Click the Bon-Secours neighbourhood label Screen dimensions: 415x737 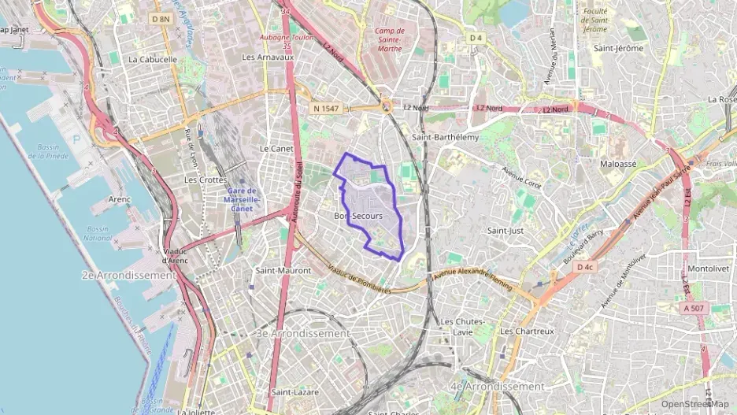(x=358, y=215)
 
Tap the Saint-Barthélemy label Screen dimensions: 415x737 (x=445, y=136)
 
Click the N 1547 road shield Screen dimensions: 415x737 (x=327, y=108)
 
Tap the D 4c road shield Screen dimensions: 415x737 (x=584, y=268)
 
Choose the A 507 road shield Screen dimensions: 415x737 (x=694, y=308)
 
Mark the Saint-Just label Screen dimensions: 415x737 (x=506, y=231)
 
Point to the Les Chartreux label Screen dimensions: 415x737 (x=527, y=332)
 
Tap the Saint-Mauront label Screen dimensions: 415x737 (x=283, y=270)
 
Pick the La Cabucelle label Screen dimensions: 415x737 (x=153, y=59)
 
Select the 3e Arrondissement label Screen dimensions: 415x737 (x=303, y=333)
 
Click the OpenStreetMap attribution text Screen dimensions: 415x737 (x=694, y=404)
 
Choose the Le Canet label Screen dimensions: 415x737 (x=276, y=148)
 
